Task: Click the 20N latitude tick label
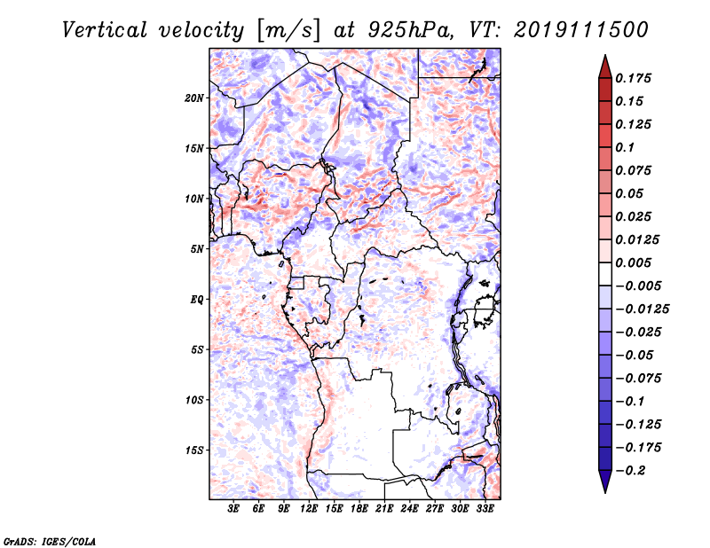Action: [x=194, y=98]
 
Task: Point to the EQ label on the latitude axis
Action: [x=198, y=300]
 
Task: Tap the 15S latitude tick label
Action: [x=194, y=450]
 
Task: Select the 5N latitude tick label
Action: [x=197, y=249]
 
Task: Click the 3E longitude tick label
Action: [x=234, y=509]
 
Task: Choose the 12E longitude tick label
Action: [x=309, y=509]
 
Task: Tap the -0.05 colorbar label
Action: [x=637, y=355]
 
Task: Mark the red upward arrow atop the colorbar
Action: [x=604, y=67]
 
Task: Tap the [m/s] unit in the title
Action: [x=285, y=30]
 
